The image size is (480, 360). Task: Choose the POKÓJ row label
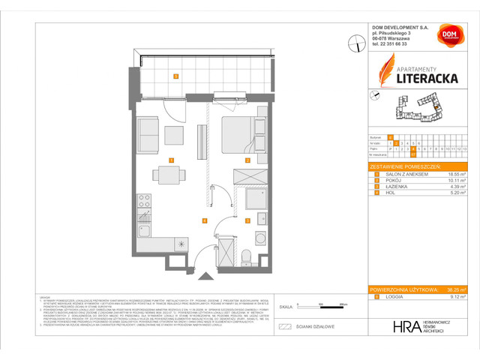393,179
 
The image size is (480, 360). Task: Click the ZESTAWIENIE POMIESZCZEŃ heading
406,165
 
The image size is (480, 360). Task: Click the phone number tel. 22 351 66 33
390,44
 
